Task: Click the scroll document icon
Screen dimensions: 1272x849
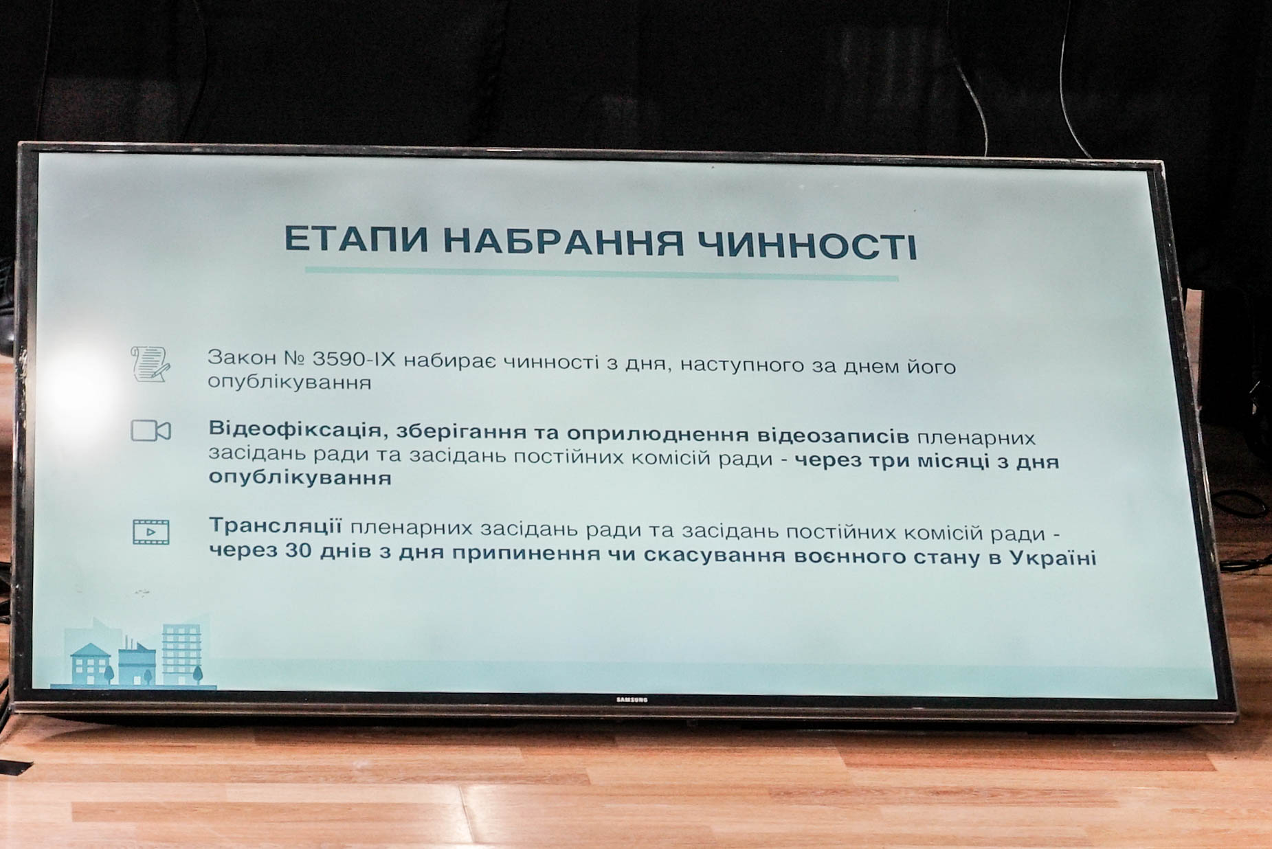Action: [150, 364]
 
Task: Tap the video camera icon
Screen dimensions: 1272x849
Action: [150, 431]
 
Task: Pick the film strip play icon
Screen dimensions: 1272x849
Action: [150, 532]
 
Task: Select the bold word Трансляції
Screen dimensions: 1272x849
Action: [276, 526]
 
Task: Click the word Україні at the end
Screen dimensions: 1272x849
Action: [1053, 557]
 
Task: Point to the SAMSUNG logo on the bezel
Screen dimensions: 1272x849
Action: [631, 700]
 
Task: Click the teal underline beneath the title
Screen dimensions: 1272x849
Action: [601, 274]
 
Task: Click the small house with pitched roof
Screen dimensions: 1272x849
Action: [91, 664]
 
